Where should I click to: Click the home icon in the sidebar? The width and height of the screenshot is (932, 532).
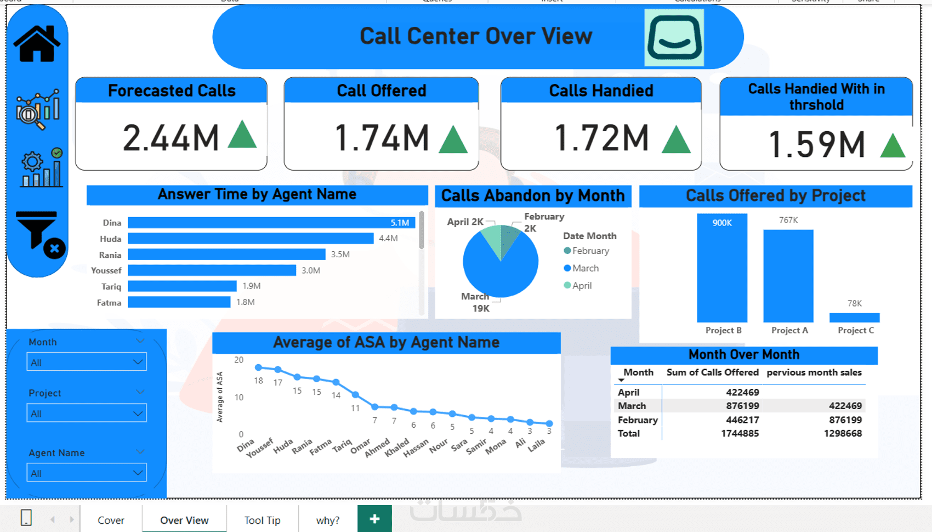click(37, 43)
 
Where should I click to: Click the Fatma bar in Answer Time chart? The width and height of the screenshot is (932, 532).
click(179, 302)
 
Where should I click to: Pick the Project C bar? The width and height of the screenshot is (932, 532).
click(854, 318)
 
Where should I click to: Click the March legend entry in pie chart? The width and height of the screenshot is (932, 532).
click(584, 268)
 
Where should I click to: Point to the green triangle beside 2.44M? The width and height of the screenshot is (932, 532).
click(242, 135)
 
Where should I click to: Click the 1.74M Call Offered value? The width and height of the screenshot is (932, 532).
click(382, 138)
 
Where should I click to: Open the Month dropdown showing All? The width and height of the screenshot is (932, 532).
click(87, 363)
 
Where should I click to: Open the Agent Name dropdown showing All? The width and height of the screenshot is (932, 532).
click(87, 473)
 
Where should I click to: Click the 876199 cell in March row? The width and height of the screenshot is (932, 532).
click(742, 406)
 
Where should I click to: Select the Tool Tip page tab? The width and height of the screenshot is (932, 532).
click(262, 520)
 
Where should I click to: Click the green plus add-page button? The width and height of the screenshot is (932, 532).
click(374, 519)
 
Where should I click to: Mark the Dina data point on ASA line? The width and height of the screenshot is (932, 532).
click(258, 367)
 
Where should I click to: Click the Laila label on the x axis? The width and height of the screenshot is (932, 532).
click(537, 445)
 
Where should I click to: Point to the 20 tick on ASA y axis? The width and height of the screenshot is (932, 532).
click(238, 360)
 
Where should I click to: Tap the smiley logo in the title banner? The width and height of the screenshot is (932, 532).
click(674, 37)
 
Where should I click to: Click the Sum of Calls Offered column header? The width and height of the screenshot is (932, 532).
click(712, 372)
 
